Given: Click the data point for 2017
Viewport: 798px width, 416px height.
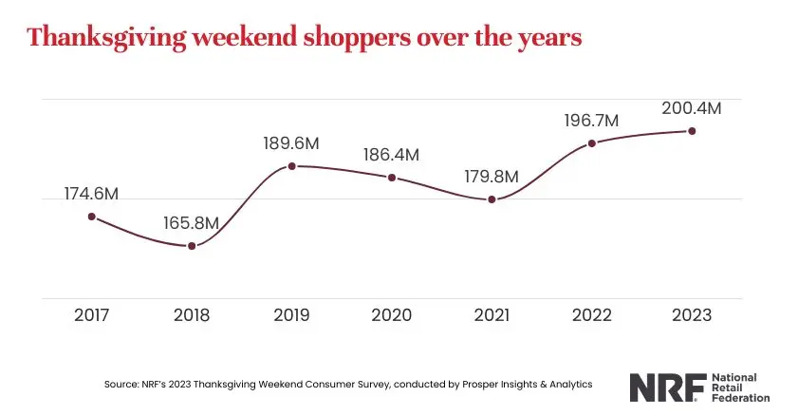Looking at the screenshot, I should tap(92, 217).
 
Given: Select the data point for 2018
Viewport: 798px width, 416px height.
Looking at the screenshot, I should tap(192, 246).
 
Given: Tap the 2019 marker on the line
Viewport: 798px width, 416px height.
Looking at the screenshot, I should tap(291, 166).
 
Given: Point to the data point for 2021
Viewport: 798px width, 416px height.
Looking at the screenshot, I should tap(492, 199).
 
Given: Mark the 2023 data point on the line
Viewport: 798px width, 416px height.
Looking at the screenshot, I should tap(692, 131).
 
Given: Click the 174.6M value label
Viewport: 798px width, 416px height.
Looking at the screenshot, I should tap(92, 194).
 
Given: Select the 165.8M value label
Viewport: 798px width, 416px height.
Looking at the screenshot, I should tap(192, 223).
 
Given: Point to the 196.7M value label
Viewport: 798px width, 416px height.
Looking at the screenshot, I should tap(591, 121).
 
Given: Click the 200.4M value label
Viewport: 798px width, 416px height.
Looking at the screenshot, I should tap(692, 108).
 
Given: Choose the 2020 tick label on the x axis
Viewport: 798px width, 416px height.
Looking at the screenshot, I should tap(392, 315).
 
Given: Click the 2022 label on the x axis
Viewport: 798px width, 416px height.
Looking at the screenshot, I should tap(591, 315).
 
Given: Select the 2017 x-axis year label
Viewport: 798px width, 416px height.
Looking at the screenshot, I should tap(92, 315).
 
